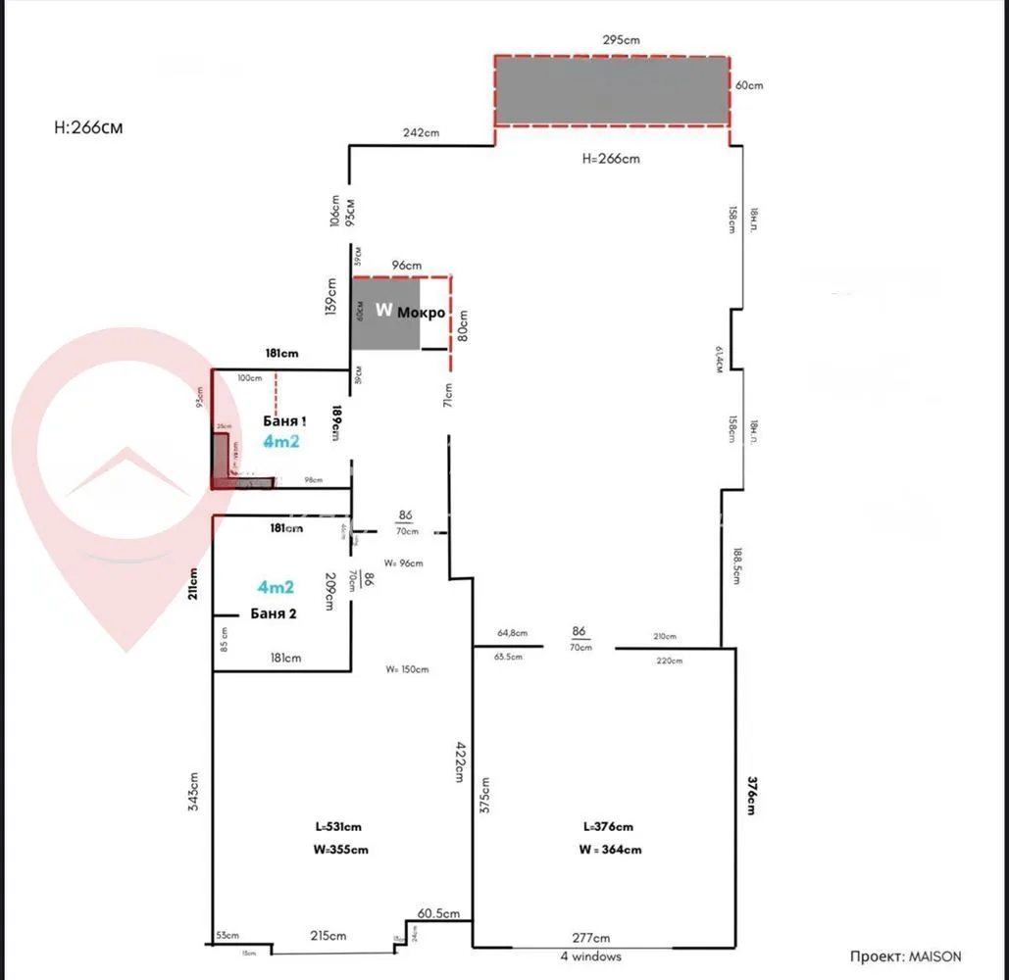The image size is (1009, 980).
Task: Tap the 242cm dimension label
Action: point(420,133)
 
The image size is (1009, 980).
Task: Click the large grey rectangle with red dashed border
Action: point(611,90)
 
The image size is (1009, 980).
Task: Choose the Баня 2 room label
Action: point(275,613)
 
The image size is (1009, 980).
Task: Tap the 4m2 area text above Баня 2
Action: point(276,587)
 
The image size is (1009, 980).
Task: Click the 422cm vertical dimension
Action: point(458,760)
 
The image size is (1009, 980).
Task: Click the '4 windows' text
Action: point(590,956)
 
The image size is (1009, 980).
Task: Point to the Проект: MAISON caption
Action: point(906,956)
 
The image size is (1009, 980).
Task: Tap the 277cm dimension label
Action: point(591,938)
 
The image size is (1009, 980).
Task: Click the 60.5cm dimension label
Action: point(437,913)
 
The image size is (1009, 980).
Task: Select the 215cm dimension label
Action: point(328,936)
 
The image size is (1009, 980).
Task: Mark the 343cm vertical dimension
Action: point(194,792)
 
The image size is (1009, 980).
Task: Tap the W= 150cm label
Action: point(407,669)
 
